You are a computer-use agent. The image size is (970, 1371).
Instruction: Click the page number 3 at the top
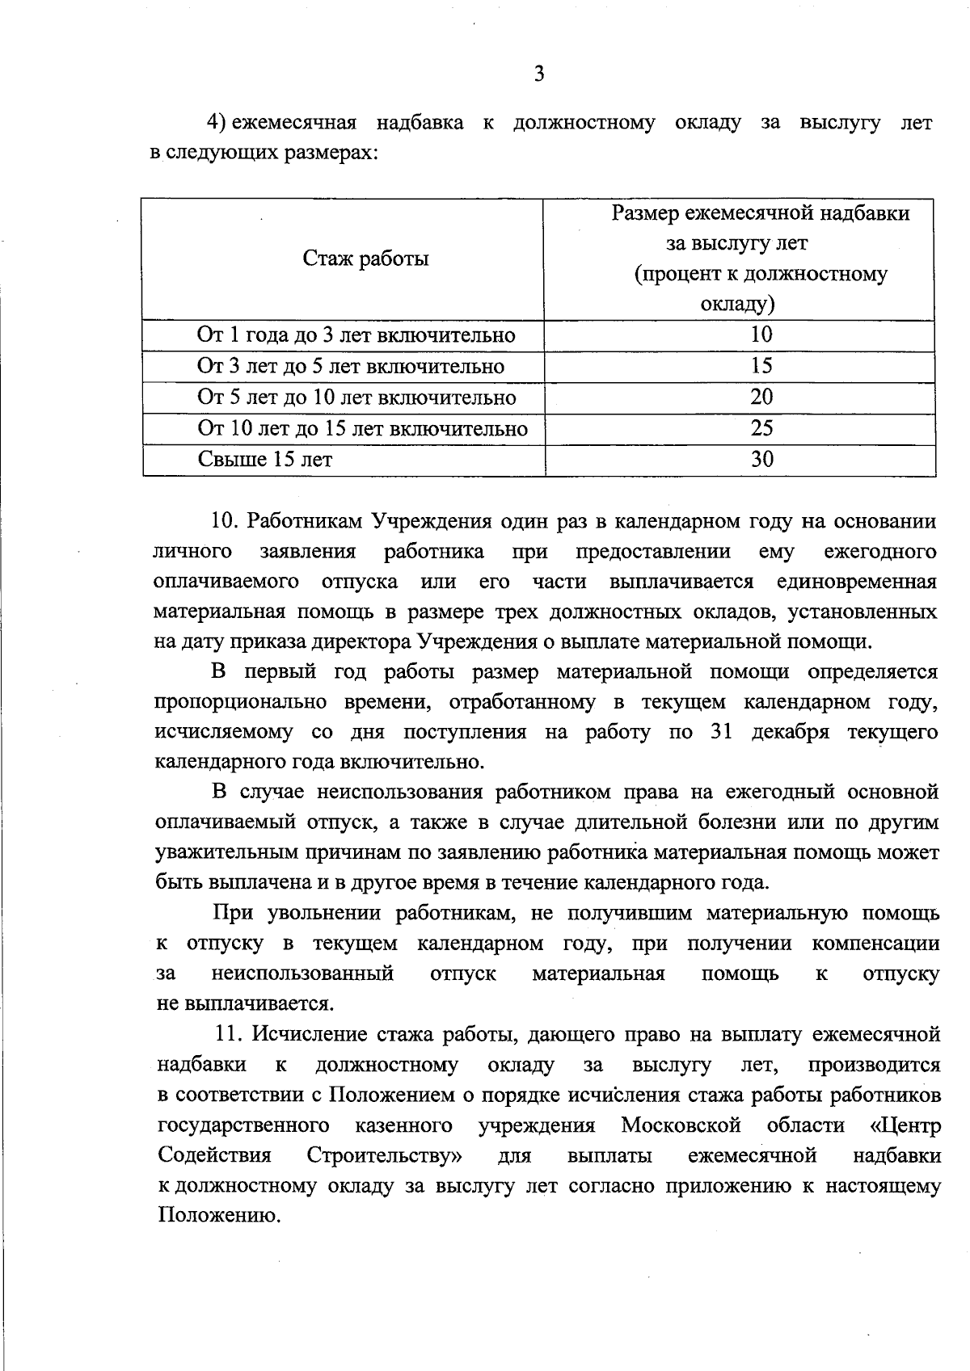tap(539, 74)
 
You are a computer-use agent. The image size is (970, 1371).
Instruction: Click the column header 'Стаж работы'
tap(365, 259)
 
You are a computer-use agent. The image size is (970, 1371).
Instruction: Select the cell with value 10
tap(761, 334)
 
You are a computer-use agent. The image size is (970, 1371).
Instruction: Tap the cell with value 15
tap(761, 366)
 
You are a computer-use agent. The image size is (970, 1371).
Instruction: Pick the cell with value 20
tap(761, 397)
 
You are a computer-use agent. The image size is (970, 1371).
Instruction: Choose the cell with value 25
tap(761, 428)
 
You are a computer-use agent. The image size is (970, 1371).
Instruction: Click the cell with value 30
tap(761, 460)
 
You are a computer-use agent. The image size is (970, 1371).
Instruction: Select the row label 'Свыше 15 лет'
tap(265, 461)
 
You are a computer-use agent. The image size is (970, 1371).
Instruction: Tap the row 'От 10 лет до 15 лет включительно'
tap(362, 429)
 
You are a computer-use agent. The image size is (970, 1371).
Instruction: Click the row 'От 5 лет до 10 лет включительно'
tap(356, 397)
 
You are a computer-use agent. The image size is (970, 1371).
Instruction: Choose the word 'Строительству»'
tap(385, 1156)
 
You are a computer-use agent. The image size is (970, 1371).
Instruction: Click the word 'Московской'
tap(681, 1125)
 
